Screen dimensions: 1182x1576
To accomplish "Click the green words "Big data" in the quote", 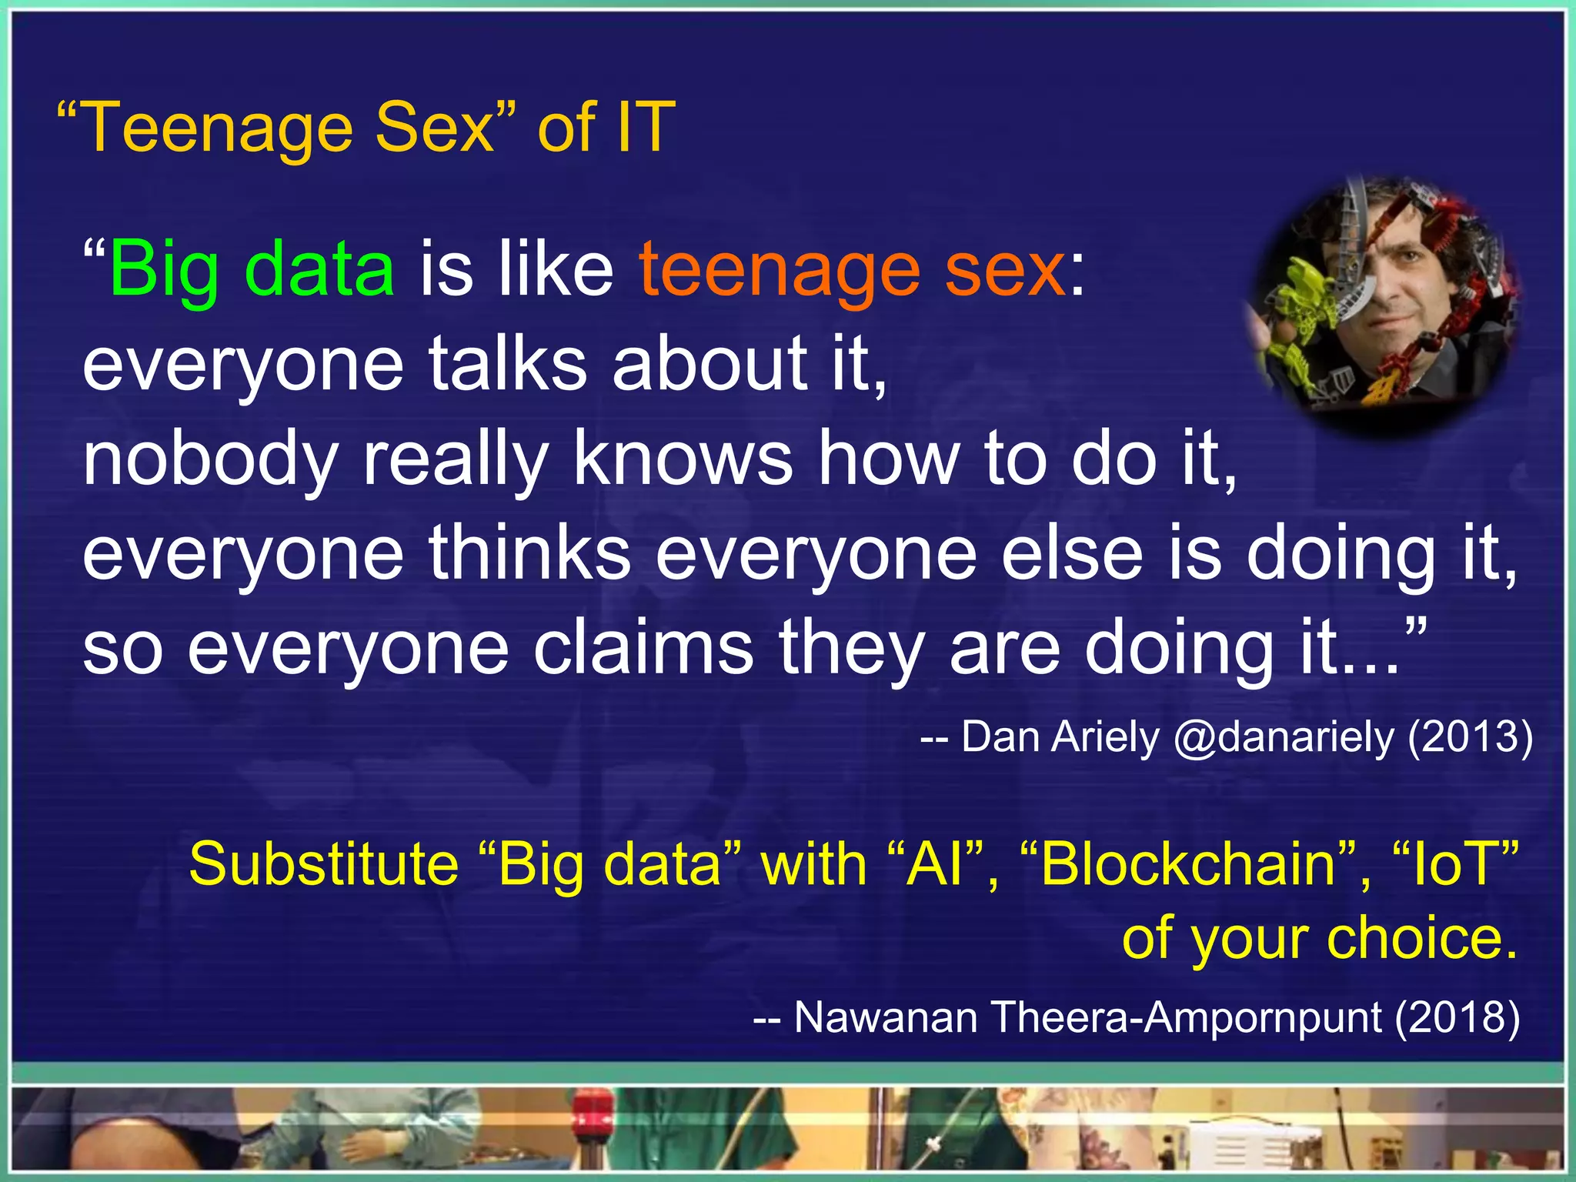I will coord(252,269).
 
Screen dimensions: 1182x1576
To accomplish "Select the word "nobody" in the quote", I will coord(210,459).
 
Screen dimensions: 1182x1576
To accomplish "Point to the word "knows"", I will coord(683,459).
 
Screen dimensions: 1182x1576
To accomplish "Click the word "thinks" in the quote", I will coord(529,554).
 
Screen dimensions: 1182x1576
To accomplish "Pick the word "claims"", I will coord(643,648).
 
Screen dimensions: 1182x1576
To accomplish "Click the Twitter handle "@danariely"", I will coord(1284,737).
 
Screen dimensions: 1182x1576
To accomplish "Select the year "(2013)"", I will coord(1470,737).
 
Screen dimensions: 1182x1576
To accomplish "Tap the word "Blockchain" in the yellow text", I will coord(1189,864).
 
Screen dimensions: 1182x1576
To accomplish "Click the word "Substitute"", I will coord(323,864).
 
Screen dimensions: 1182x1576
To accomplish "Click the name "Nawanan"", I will coord(885,1017).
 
